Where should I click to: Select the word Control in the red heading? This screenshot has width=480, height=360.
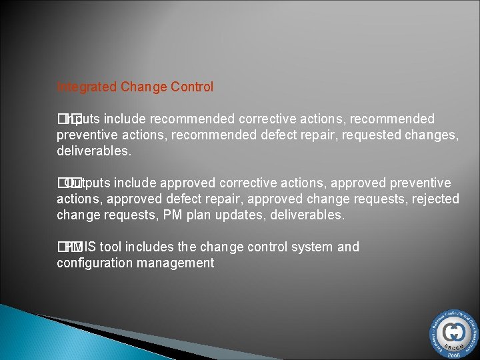[191, 87]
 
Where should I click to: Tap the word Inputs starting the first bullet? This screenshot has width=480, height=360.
[84, 119]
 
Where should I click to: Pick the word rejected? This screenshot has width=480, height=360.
[437, 199]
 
